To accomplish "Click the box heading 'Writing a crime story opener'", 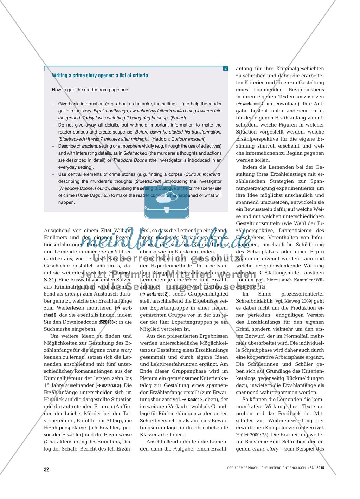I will point(100,76).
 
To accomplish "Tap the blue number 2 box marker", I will point(225,68).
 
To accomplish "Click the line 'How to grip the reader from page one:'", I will point(90,90).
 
